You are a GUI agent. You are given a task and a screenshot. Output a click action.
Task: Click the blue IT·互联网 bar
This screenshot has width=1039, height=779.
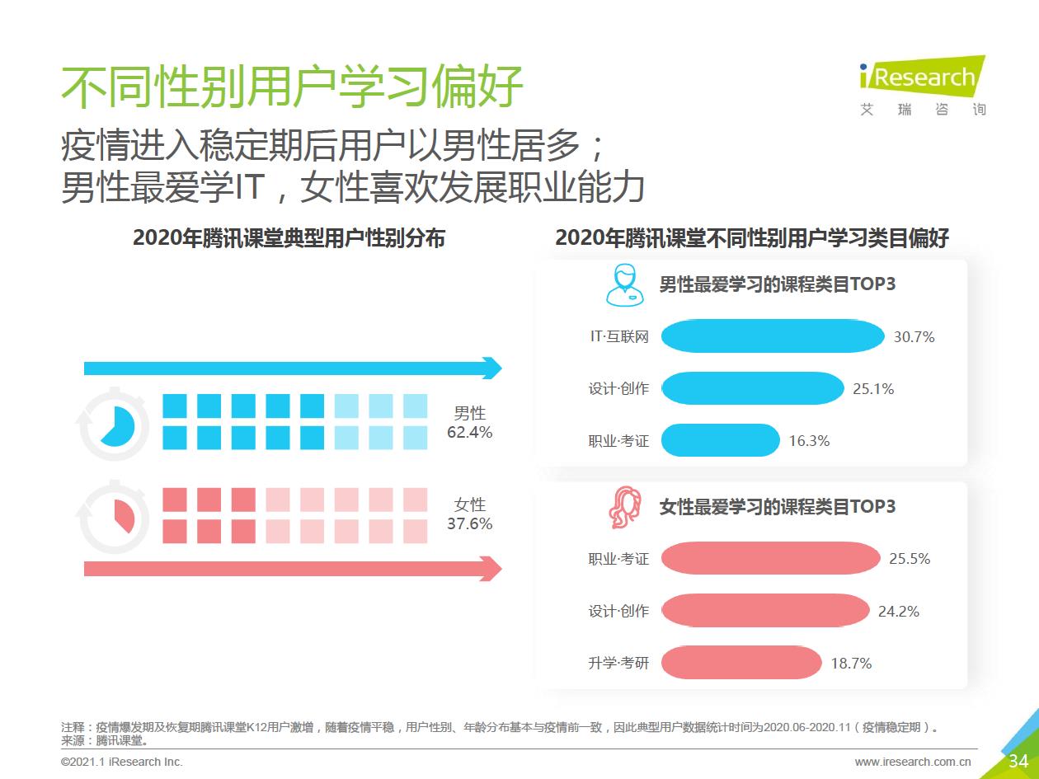[773, 336]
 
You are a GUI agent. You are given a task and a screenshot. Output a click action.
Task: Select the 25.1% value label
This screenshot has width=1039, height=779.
[873, 389]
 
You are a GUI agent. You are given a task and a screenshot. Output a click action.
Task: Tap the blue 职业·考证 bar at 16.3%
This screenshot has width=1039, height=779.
[720, 440]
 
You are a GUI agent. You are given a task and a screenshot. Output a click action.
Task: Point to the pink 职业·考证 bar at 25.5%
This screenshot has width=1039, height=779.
[770, 559]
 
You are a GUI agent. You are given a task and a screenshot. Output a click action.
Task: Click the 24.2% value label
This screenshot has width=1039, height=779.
[898, 612]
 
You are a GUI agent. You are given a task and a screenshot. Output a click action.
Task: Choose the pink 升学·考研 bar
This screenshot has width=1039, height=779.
[741, 663]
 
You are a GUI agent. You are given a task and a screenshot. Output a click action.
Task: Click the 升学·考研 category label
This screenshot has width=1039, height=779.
[618, 663]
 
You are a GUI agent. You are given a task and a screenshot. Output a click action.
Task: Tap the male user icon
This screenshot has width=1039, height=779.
[624, 285]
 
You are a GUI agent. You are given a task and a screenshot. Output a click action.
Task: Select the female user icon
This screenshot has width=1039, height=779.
[625, 507]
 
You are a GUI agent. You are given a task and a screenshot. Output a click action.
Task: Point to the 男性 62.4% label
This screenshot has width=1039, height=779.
[469, 422]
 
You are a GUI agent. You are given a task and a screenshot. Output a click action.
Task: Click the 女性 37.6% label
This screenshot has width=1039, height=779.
[469, 514]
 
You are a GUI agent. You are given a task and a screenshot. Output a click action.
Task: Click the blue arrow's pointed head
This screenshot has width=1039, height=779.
[492, 368]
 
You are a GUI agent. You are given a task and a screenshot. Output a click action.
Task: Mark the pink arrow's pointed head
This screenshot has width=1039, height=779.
[492, 569]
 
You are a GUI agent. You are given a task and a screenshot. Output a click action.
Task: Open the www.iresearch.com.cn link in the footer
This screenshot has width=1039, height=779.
[913, 762]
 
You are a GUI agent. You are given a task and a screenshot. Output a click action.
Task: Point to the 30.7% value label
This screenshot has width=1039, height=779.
[914, 337]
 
